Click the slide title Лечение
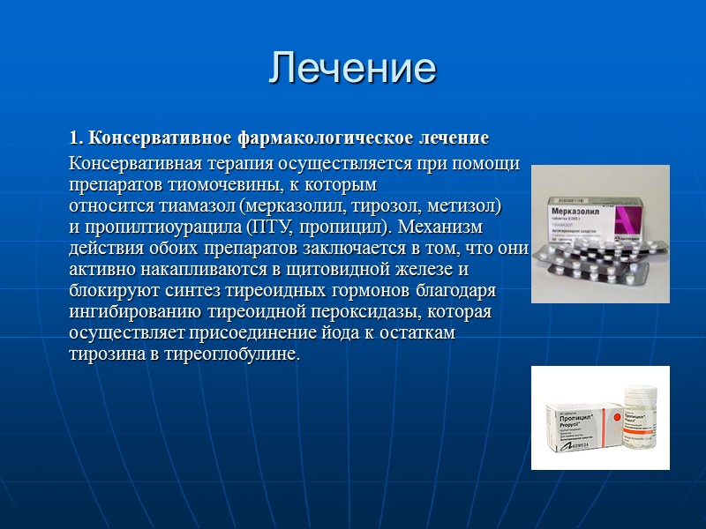click(352, 68)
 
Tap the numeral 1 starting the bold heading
click(75, 138)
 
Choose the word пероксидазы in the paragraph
click(341, 313)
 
